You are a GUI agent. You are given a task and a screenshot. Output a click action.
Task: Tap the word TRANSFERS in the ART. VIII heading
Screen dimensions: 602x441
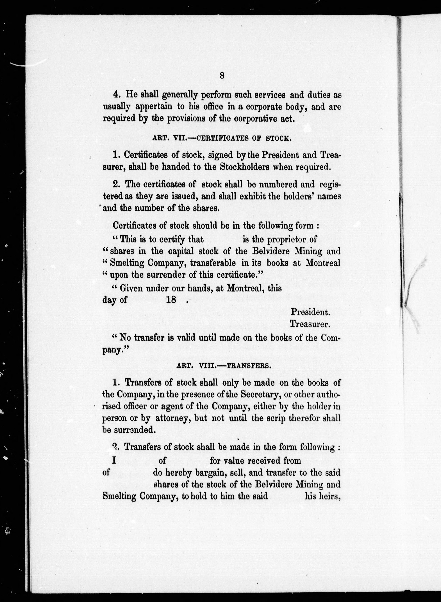[249, 366]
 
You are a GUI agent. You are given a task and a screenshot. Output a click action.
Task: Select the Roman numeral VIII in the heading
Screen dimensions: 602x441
[207, 366]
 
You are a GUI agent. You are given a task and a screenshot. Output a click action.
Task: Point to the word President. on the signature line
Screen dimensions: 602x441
[310, 312]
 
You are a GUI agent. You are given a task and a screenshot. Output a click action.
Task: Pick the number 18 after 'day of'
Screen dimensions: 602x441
[171, 300]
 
